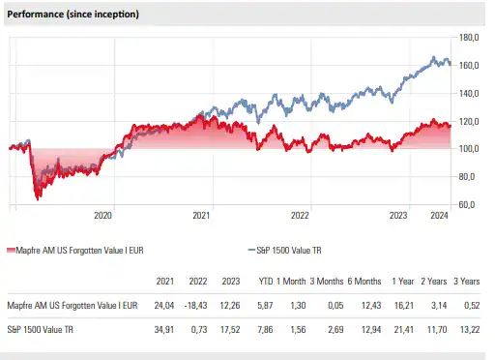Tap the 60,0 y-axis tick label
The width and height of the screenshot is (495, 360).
pos(466,205)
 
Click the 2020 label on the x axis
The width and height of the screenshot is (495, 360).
pos(103,216)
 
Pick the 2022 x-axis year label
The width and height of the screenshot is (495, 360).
pos(300,216)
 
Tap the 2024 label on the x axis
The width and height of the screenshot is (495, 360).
pos(439,216)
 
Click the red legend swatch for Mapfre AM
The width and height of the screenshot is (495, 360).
pos(12,250)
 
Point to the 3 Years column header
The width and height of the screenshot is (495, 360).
pos(468,282)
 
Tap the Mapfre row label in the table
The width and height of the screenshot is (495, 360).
pos(73,305)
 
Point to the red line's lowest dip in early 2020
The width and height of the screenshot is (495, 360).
pos(37,198)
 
